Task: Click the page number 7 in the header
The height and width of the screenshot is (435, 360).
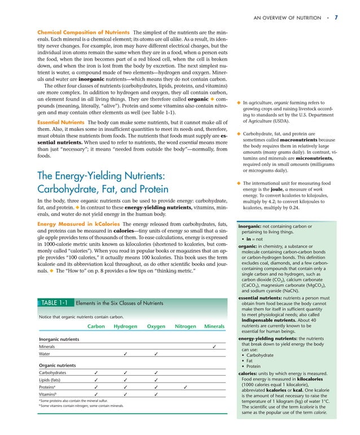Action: click(336, 17)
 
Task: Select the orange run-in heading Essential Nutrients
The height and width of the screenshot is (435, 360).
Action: click(61, 122)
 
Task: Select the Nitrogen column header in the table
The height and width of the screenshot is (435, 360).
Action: click(186, 326)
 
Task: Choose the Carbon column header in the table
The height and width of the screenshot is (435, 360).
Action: click(96, 326)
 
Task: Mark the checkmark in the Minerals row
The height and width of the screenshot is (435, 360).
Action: click(214, 346)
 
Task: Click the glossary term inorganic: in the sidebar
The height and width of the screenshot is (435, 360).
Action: click(251, 227)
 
